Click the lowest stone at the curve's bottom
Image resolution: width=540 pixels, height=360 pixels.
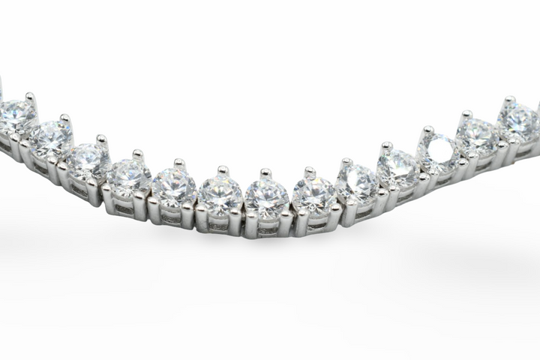click(x=266, y=197)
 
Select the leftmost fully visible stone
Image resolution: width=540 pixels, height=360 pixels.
click(x=17, y=116)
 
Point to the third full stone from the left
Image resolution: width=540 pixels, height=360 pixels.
click(x=88, y=158)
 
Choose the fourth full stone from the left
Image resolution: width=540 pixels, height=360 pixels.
click(x=128, y=176)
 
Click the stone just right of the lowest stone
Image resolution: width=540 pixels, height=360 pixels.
click(x=313, y=194)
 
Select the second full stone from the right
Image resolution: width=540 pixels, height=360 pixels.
click(x=478, y=135)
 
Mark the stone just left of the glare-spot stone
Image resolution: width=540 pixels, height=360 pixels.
click(x=397, y=169)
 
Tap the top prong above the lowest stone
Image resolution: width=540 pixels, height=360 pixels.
click(x=265, y=173)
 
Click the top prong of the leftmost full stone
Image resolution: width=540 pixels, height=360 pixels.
click(x=30, y=97)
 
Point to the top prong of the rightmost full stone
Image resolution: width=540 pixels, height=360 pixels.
click(x=510, y=100)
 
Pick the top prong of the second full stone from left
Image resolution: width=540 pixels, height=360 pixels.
click(x=65, y=118)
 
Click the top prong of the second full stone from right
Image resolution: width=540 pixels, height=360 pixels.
click(x=467, y=115)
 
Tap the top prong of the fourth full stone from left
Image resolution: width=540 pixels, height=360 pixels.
click(x=138, y=154)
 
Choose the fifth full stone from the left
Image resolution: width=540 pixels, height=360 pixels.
click(x=173, y=187)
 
